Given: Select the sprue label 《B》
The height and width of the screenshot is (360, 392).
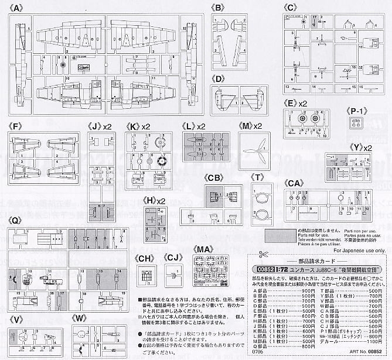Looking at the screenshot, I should click(218, 8).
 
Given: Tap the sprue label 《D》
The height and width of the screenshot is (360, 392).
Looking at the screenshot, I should click(218, 78).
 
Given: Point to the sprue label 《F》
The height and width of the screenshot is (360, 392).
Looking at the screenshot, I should click(16, 126).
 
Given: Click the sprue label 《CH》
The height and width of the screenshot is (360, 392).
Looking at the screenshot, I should click(144, 258).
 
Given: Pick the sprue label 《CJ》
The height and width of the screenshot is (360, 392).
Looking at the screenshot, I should click(172, 258).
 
